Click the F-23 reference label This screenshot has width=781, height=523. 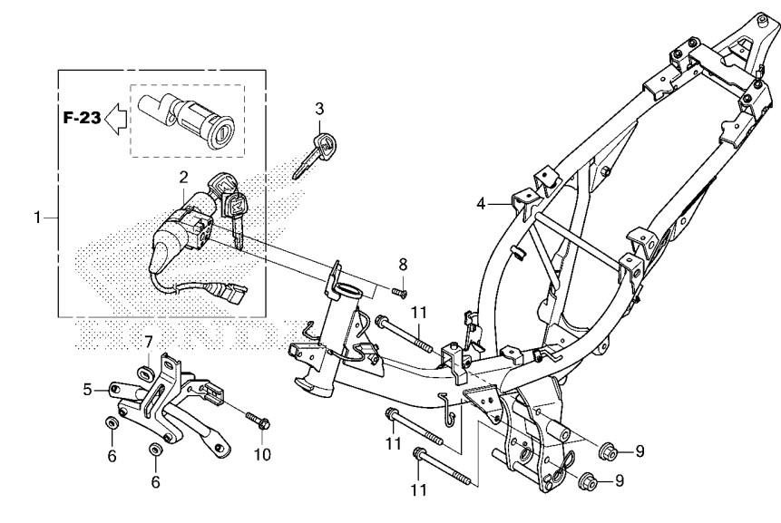(83, 118)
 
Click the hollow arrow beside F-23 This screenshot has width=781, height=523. (115, 119)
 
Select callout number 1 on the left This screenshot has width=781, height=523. (37, 218)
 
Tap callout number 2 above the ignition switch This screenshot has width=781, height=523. (184, 177)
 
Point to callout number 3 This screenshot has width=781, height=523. (319, 108)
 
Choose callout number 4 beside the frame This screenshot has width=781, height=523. (481, 204)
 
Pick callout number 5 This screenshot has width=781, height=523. (88, 390)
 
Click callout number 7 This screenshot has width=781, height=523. (149, 342)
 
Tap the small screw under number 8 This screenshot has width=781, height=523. (399, 293)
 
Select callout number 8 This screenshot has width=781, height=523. (403, 265)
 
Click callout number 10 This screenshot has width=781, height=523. (262, 454)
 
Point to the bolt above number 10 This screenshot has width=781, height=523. (258, 421)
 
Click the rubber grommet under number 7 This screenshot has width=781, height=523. (145, 373)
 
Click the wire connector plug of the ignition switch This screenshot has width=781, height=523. (234, 292)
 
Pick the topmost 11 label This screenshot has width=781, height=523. (419, 313)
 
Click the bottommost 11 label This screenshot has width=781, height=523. (419, 490)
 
